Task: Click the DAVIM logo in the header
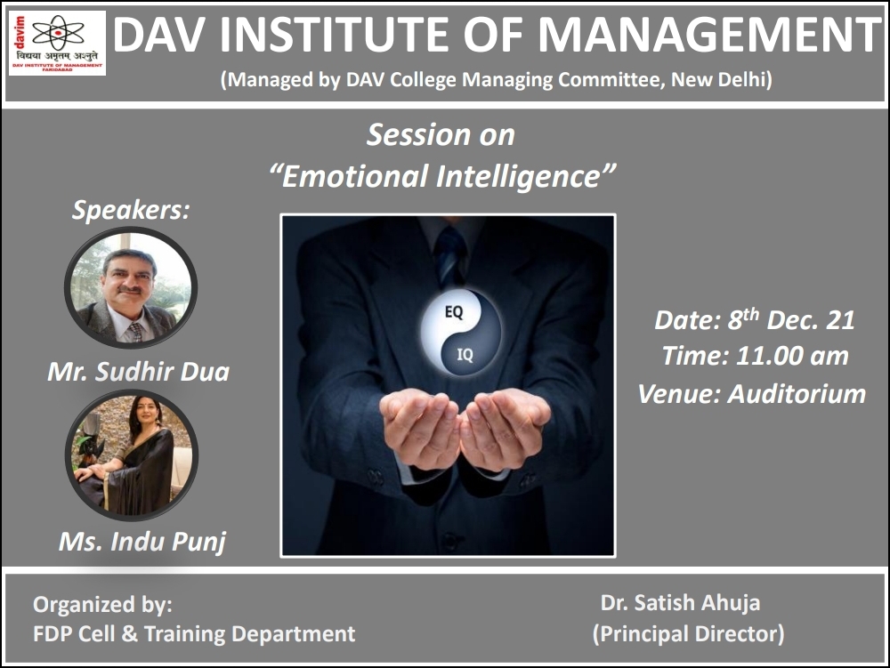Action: coord(57,43)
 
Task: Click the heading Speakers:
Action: coord(131,210)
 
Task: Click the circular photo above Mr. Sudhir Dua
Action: coord(131,287)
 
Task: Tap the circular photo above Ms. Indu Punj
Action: coord(132,455)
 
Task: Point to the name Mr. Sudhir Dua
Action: coord(139,372)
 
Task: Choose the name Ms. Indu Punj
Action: coord(142,542)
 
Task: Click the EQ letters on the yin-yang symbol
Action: coord(454,312)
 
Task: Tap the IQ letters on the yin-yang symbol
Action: coord(465,355)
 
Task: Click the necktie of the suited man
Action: coord(450,254)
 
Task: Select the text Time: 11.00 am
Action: coord(755,356)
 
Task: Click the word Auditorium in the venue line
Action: coord(797,393)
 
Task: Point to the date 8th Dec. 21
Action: coord(792,319)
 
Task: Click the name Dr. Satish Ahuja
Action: coord(680,602)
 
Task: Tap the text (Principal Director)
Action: coord(689,633)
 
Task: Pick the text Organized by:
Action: coord(102,605)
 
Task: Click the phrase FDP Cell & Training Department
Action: coord(194,633)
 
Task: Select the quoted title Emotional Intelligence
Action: coord(442,176)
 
